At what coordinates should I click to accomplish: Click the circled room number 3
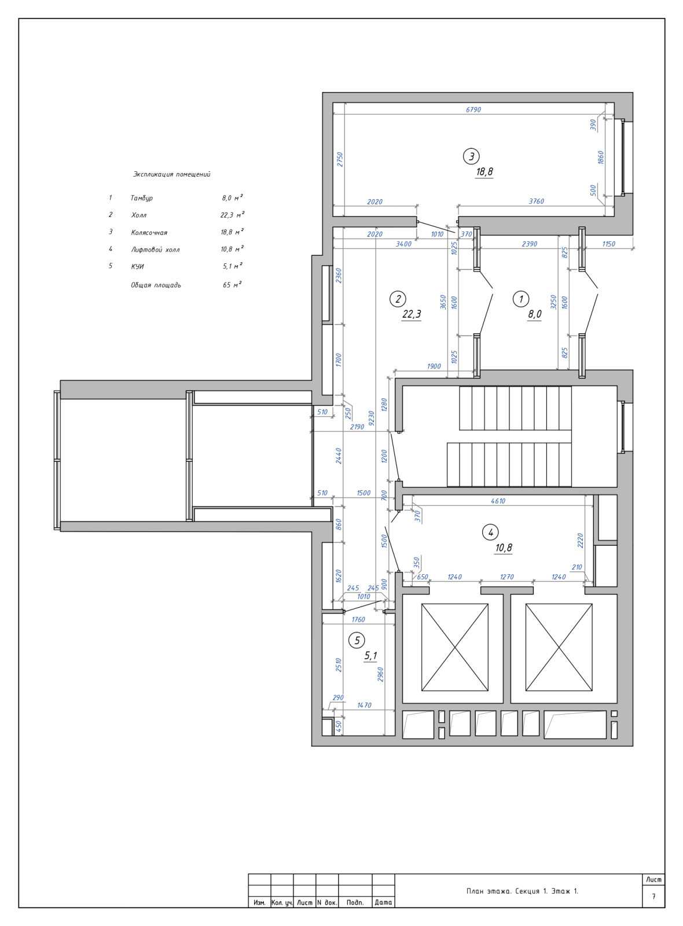pos(471,156)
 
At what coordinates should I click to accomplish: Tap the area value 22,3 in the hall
pos(412,315)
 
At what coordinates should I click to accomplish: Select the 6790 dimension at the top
pos(473,110)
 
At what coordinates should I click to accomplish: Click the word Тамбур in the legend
pos(142,198)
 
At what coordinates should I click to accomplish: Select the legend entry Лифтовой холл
pos(156,249)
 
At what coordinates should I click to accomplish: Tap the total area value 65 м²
pos(232,285)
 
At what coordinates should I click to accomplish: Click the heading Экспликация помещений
pos(171,174)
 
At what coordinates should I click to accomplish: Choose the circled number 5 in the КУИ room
pos(357,641)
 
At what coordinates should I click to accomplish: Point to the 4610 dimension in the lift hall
pos(498,501)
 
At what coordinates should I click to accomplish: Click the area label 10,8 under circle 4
pos(504,548)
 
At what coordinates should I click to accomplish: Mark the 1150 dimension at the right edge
pos(608,244)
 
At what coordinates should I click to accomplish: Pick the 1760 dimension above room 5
pos(358,620)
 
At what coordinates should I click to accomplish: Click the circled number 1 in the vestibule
pos(521,299)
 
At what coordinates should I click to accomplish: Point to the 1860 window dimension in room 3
pos(601,157)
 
